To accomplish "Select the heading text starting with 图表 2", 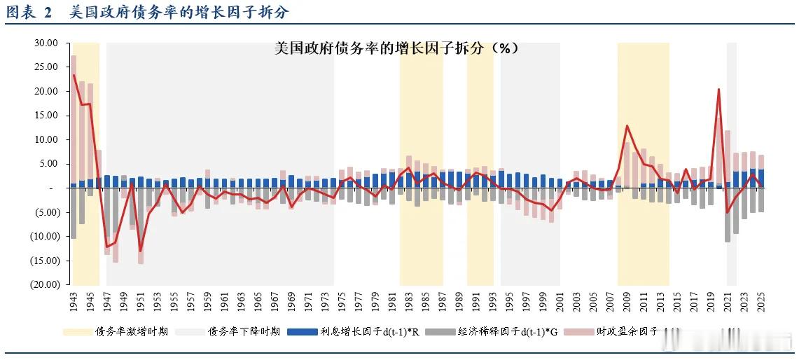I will point(147,12).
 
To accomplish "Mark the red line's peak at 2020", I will point(719,89).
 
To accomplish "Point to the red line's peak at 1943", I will point(74,75).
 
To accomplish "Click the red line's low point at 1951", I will point(141,251).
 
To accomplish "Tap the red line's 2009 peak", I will point(627,126).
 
